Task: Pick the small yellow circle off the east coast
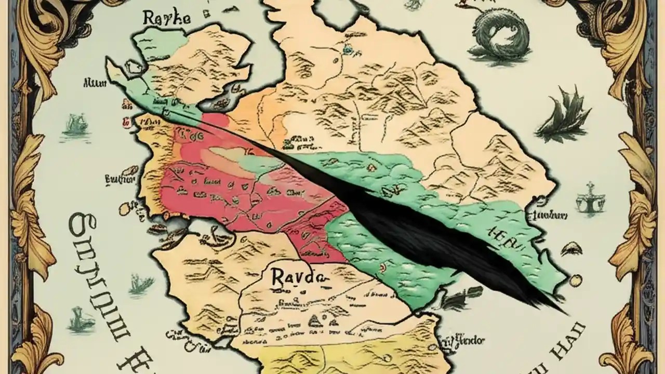[576, 281]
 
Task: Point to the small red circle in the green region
[382, 268]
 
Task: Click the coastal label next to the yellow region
[461, 341]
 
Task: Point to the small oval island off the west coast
[127, 208]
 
